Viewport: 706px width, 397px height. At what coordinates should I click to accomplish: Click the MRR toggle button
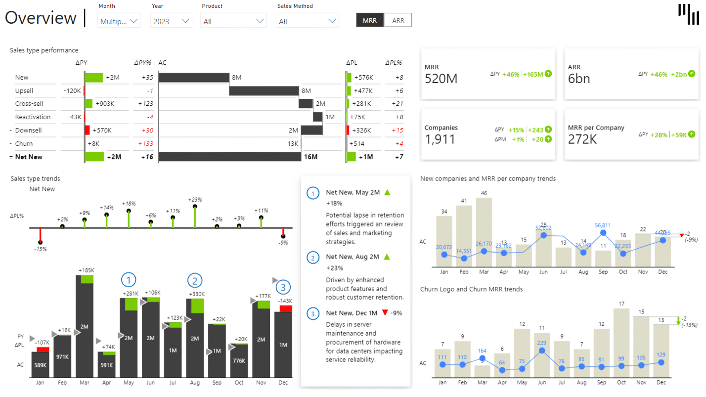pos(369,20)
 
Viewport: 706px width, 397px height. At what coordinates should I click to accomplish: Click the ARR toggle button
pos(398,20)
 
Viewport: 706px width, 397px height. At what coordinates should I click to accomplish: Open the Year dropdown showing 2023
pos(171,21)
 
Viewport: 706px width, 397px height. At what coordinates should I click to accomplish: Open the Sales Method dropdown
pos(308,21)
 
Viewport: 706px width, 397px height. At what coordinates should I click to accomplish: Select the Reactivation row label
pos(33,117)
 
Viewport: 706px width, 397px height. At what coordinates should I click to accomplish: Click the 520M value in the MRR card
pos(441,79)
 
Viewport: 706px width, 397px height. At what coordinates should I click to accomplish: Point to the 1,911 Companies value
pos(440,139)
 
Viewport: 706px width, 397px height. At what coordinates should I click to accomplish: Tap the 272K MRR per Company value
pos(582,139)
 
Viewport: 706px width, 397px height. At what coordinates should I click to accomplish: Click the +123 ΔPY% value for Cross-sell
pos(146,104)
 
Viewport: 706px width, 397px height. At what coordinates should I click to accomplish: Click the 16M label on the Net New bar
pos(310,157)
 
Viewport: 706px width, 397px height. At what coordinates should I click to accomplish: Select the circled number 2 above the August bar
pos(195,281)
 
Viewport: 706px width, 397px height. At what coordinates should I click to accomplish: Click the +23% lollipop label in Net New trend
pos(195,199)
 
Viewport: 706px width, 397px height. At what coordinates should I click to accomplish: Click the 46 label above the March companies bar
pos(484,193)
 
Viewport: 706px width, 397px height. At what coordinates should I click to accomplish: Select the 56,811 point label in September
pos(603,225)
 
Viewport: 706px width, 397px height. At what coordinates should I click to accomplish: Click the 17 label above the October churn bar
pos(621,304)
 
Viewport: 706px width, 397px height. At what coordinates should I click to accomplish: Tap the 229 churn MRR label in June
pos(542,343)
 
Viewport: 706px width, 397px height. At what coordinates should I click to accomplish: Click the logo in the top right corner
pos(689,14)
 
